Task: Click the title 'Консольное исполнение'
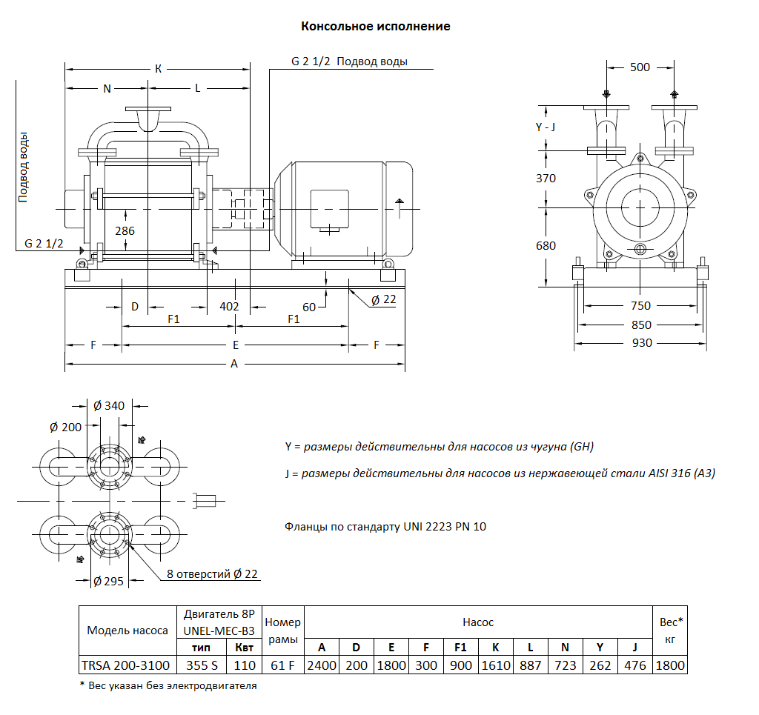point(376,27)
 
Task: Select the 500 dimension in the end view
point(640,67)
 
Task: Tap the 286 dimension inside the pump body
point(125,230)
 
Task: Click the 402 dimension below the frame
point(230,306)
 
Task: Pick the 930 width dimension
point(642,343)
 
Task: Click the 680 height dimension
point(546,245)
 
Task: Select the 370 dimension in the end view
point(546,179)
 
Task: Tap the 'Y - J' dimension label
point(546,127)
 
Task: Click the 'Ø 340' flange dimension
point(109,405)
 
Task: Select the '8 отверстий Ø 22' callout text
point(213,574)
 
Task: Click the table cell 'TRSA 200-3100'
point(127,665)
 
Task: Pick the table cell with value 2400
point(322,665)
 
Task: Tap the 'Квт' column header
point(245,648)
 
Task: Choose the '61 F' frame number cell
point(283,665)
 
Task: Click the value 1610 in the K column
point(496,665)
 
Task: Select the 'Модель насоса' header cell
point(127,631)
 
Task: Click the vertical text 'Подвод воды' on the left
point(24,167)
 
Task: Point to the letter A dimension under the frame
point(234,364)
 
